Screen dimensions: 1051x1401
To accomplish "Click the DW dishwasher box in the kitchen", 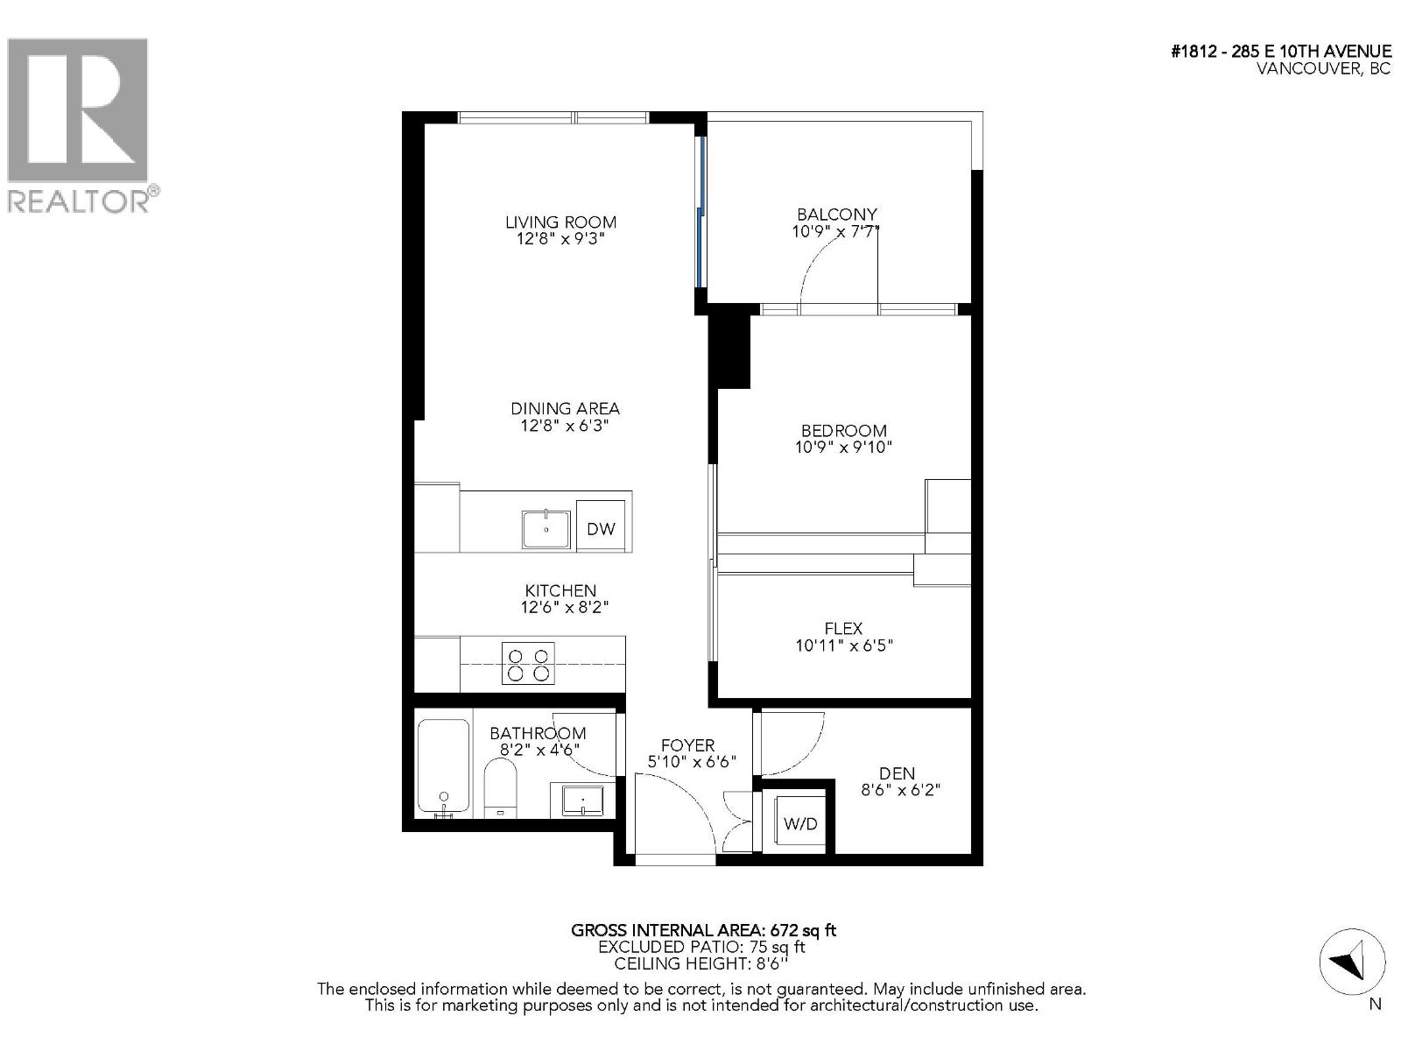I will coord(601,527).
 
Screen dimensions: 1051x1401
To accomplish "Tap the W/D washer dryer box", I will coord(799,823).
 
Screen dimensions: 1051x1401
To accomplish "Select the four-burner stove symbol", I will coord(528,664).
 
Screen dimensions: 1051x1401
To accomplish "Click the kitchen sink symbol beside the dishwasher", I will coord(546,529).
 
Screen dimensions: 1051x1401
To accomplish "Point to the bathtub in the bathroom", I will coord(443,767).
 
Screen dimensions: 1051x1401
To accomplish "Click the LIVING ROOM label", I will coord(560,222).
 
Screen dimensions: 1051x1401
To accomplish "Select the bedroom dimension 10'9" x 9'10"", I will coord(843,448).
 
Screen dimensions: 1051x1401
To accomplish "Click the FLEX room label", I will coord(843,628).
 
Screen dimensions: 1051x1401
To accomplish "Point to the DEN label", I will coord(897,773).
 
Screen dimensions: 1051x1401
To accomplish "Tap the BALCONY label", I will coord(836,214).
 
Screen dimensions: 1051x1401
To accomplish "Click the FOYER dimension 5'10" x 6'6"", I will coord(687,763).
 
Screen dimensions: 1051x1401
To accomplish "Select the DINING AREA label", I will coord(565,408).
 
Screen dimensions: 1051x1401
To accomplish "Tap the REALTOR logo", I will coord(79,123).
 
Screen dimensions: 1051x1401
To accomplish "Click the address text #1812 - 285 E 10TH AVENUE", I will coord(1280,52).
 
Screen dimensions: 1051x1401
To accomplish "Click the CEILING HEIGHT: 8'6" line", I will coord(700,963).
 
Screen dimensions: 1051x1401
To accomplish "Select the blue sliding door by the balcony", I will coord(700,210).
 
